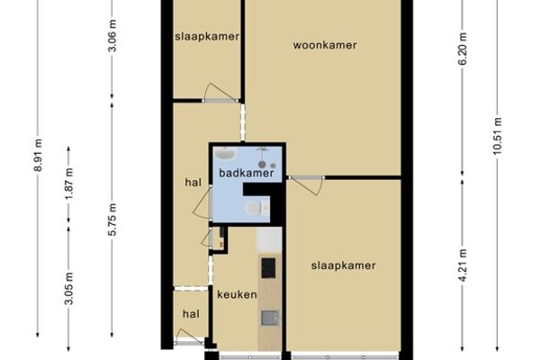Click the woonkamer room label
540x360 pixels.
325,45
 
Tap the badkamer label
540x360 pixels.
247,173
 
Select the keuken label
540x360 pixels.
237,294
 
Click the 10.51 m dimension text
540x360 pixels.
497,136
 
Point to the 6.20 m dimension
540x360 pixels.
463,49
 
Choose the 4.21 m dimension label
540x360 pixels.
463,265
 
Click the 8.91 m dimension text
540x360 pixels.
38,155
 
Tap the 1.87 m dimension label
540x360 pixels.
69,184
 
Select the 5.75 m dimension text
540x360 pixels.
112,220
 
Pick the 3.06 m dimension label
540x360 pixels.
112,35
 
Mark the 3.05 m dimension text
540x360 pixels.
69,288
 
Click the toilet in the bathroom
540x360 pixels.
256,208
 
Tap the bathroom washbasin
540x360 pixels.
224,153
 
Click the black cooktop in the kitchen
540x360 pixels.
268,268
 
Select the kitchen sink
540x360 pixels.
269,318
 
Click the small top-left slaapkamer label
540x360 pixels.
207,37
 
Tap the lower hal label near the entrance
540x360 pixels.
191,314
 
